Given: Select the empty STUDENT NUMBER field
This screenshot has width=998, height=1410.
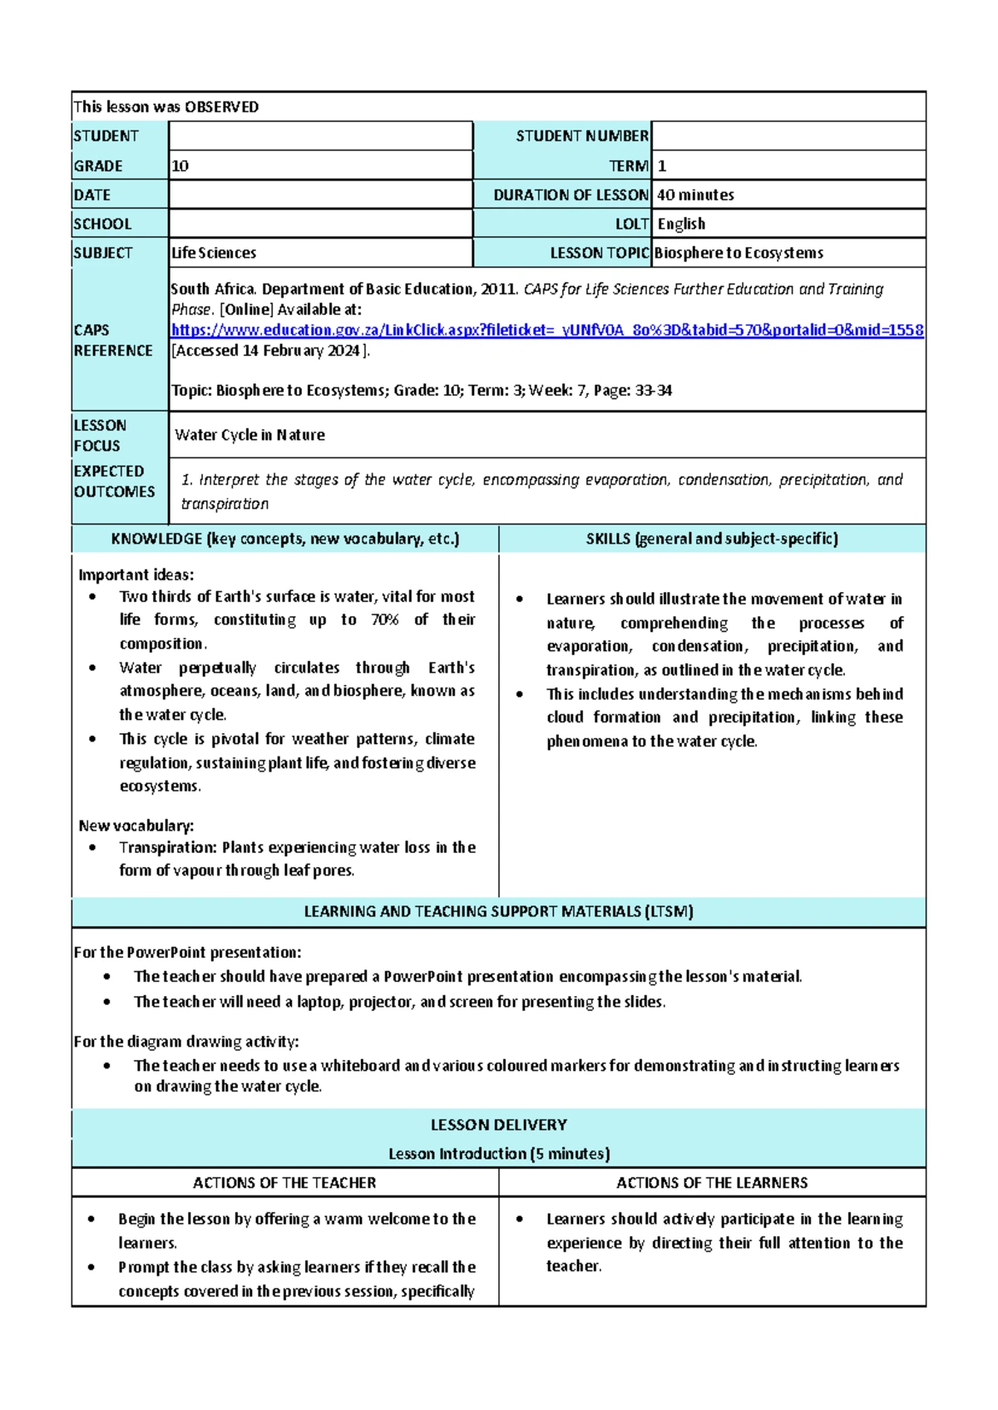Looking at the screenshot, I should tap(788, 136).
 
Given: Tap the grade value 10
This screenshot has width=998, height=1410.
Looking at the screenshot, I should tap(180, 165).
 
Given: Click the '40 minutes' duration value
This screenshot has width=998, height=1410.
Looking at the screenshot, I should tap(695, 195).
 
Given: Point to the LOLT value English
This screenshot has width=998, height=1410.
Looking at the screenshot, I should tap(681, 224).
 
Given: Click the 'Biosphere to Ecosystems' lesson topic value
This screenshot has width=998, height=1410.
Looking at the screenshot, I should tap(739, 253).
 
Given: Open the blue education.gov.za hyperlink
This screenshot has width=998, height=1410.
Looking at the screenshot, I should tap(546, 330).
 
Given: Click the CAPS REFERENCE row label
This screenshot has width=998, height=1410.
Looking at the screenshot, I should tap(113, 340).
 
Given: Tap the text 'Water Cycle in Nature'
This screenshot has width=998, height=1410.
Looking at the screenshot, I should tap(249, 435).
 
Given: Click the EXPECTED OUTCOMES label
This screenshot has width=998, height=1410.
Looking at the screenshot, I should tap(114, 481).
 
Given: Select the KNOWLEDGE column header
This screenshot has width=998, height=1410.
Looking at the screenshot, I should tap(284, 539).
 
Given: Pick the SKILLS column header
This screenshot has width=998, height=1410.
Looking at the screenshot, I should tap(712, 539).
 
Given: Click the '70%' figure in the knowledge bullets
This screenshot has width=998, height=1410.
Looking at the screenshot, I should tap(384, 619).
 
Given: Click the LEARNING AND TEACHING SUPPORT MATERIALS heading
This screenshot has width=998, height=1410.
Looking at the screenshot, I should tap(498, 911).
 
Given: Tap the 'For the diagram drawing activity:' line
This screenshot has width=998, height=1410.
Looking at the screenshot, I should tap(186, 1042).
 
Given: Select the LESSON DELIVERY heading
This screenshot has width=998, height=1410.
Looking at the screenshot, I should tap(498, 1125).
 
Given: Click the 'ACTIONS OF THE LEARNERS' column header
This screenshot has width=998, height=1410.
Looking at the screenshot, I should tap(712, 1182).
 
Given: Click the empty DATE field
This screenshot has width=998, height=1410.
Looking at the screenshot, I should tap(320, 195).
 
